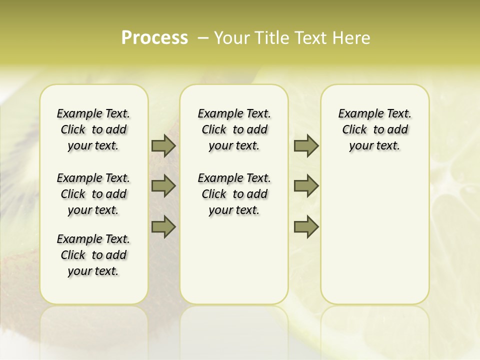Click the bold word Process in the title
pos(154,38)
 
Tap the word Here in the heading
pos(352,38)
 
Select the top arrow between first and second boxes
pos(163,146)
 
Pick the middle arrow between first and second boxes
pos(163,186)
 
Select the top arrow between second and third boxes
pos(306,146)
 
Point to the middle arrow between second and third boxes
pos(306,186)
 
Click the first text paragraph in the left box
pos(93,129)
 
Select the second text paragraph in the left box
pos(93,194)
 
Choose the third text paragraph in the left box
pos(93,255)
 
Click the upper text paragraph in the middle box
pos(234,129)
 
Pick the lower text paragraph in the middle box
pos(234,194)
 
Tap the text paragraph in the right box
pos(375,129)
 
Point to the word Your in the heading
pos(231,38)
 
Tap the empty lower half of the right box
pos(375,240)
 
